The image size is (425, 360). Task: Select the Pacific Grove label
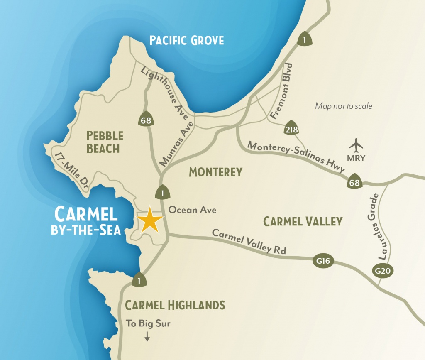pyautogui.click(x=186, y=40)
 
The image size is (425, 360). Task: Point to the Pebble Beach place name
pyautogui.click(x=105, y=142)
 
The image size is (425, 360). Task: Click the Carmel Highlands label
pyautogui.click(x=175, y=305)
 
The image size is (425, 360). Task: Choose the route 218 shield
pyautogui.click(x=292, y=130)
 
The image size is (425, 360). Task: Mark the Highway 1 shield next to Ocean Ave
pyautogui.click(x=162, y=193)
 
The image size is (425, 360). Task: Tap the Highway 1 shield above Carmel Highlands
pyautogui.click(x=138, y=280)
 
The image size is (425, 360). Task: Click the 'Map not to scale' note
pyautogui.click(x=343, y=106)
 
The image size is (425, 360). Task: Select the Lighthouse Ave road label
pyautogui.click(x=164, y=94)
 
